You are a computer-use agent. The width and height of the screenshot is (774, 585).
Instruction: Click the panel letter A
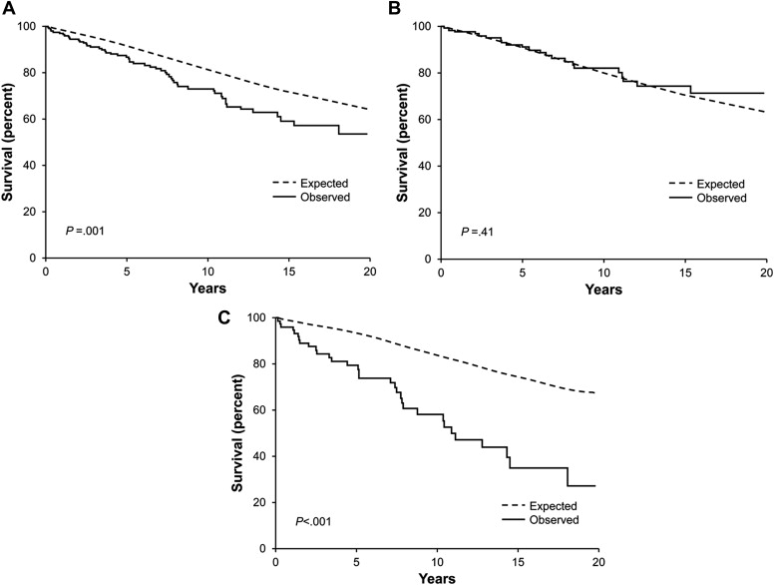(x=8, y=9)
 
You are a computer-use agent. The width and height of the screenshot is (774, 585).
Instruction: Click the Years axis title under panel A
(x=207, y=291)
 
